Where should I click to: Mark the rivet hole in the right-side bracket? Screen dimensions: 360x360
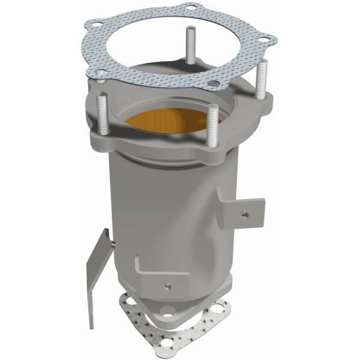pos(244,212)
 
